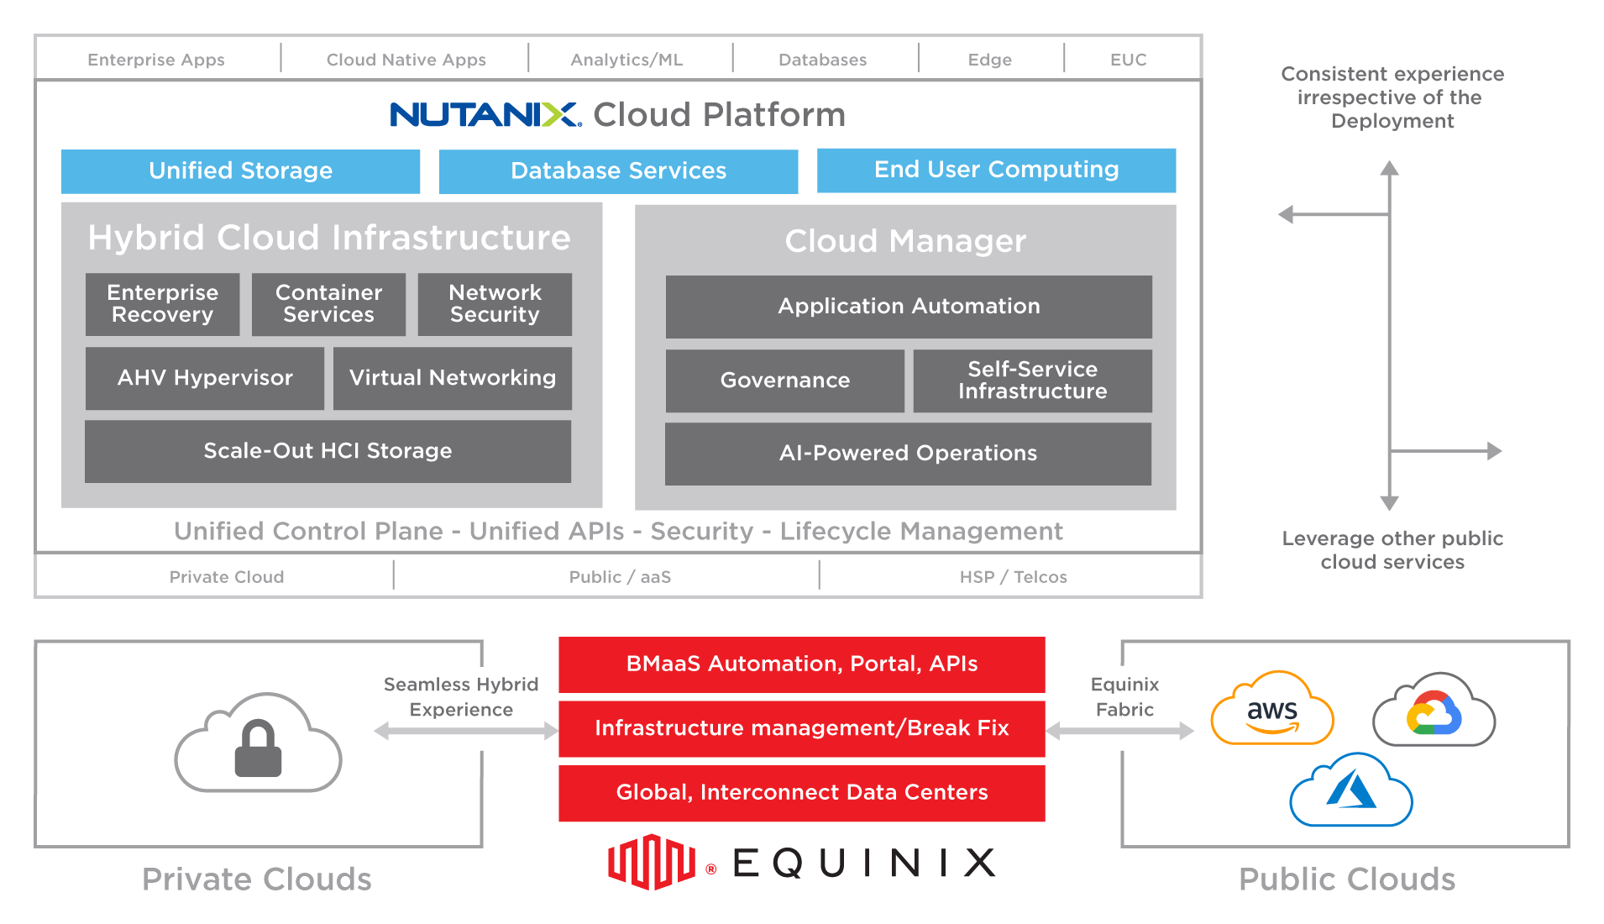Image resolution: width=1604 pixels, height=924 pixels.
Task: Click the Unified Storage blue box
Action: click(241, 171)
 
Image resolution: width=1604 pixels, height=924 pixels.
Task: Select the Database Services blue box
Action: click(618, 171)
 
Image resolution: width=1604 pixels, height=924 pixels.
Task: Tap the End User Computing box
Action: click(996, 171)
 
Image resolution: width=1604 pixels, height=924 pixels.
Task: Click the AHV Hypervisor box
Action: click(205, 378)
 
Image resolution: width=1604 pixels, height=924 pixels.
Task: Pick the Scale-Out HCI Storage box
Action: click(328, 451)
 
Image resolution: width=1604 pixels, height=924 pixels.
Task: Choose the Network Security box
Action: click(495, 304)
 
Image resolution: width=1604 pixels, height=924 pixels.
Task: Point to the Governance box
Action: click(784, 381)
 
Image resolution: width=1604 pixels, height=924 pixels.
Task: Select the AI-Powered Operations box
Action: click(908, 454)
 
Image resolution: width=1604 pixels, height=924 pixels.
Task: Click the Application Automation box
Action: click(909, 307)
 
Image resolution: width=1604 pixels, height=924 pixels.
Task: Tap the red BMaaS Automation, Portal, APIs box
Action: click(802, 664)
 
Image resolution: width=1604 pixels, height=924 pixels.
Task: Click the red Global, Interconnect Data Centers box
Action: click(802, 793)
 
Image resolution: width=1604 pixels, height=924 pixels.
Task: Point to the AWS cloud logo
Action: click(1271, 710)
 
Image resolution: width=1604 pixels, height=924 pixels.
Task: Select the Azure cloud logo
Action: click(1351, 790)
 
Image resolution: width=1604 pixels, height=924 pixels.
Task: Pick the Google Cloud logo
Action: click(1434, 711)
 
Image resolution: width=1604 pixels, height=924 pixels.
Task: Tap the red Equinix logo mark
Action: click(652, 861)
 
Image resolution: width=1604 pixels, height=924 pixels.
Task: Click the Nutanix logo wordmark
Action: click(485, 115)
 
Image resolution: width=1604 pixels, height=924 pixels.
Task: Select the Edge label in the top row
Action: click(989, 60)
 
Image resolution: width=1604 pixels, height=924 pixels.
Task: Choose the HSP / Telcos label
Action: click(1013, 577)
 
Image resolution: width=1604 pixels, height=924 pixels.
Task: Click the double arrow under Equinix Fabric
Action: click(1120, 732)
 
